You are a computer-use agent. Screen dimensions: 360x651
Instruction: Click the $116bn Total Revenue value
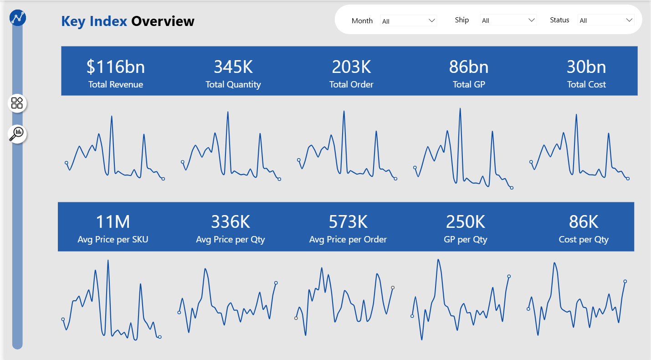click(116, 67)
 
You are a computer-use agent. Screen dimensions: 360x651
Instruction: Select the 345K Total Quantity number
click(233, 67)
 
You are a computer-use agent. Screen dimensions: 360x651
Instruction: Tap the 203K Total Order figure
click(351, 67)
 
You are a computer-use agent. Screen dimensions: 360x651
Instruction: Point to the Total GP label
click(469, 84)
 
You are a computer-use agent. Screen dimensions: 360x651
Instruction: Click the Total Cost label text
click(586, 84)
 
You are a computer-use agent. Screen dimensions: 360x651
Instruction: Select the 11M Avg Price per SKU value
click(113, 222)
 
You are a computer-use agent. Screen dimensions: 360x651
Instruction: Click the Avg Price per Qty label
click(231, 239)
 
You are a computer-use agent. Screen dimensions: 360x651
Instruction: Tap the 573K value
click(348, 222)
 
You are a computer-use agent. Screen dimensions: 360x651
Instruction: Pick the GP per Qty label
click(466, 239)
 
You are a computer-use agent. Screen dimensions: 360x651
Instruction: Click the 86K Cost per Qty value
click(584, 222)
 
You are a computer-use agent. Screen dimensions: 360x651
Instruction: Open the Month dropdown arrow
click(432, 21)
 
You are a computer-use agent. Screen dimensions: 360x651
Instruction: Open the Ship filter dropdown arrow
click(531, 20)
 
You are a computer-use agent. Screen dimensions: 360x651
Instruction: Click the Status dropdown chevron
click(629, 20)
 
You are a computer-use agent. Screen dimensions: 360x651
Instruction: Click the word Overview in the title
click(163, 21)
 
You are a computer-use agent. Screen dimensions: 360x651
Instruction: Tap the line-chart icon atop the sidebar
click(18, 18)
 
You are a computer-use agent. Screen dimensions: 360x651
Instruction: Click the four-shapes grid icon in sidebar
click(17, 103)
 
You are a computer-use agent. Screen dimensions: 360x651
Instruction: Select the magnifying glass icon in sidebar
click(17, 134)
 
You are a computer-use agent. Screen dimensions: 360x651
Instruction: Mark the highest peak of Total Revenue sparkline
click(112, 117)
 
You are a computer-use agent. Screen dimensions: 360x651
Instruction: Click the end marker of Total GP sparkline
click(512, 188)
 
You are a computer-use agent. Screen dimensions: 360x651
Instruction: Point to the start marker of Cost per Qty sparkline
click(528, 309)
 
